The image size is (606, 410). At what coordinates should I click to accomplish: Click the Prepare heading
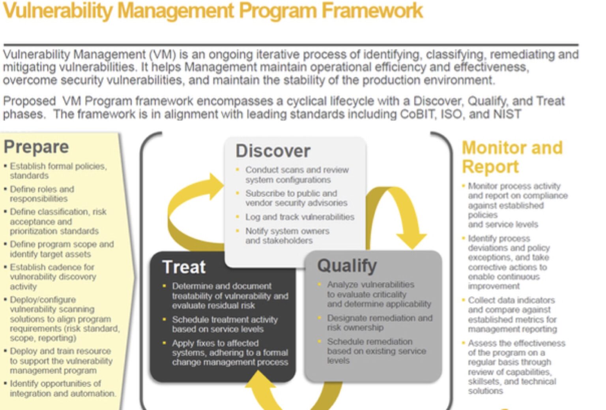pyautogui.click(x=36, y=147)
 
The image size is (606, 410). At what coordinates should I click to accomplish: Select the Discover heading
pyautogui.click(x=273, y=151)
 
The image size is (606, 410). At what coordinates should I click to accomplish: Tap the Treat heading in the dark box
pyautogui.click(x=184, y=267)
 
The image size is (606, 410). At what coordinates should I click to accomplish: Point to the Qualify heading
pyautogui.click(x=347, y=266)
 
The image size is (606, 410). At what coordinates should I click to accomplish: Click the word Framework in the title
pyautogui.click(x=372, y=11)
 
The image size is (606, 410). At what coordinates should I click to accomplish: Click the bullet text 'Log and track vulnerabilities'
pyautogui.click(x=299, y=217)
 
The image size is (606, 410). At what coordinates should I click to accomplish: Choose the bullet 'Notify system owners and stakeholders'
pyautogui.click(x=287, y=236)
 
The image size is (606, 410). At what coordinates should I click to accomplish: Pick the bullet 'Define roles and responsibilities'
pyautogui.click(x=41, y=194)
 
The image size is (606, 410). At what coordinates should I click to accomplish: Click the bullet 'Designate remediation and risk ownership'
pyautogui.click(x=379, y=322)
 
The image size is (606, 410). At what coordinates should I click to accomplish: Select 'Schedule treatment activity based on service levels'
pyautogui.click(x=224, y=324)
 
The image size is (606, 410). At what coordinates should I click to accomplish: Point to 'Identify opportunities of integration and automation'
pyautogui.click(x=62, y=388)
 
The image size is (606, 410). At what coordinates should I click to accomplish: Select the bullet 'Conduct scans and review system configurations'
pyautogui.click(x=297, y=174)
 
